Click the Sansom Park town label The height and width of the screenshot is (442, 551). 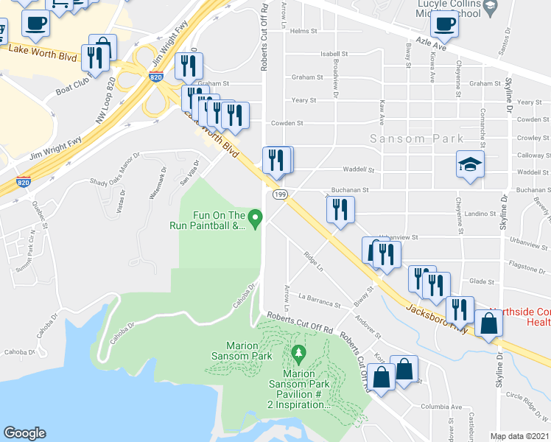(x=417, y=138)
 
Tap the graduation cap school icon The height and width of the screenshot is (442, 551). (x=468, y=164)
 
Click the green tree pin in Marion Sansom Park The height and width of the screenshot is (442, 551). (x=298, y=354)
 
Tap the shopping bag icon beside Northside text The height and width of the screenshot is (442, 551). (x=488, y=322)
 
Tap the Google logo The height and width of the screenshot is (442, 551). (x=24, y=433)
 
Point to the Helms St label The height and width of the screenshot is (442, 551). (x=303, y=32)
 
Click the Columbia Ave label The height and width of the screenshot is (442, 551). (x=441, y=407)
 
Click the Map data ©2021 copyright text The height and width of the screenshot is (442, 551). (x=519, y=436)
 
